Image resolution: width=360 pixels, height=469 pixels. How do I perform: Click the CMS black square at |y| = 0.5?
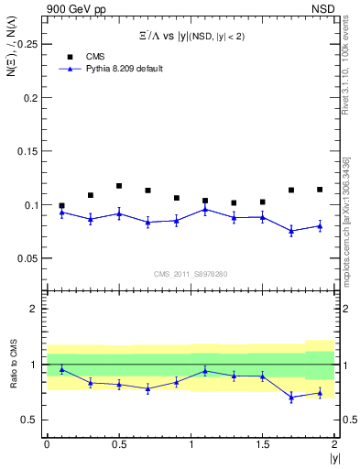(119, 186)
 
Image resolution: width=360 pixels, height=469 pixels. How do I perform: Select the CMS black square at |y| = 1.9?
(320, 190)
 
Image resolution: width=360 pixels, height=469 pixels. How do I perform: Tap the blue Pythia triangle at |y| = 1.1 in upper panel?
(205, 209)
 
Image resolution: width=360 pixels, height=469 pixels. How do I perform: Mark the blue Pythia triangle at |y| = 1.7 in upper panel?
(291, 231)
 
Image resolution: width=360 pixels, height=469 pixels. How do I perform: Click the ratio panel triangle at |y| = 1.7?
(291, 397)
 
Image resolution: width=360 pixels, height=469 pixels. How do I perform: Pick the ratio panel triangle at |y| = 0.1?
(61, 369)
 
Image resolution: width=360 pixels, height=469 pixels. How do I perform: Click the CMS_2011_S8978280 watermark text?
(190, 274)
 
